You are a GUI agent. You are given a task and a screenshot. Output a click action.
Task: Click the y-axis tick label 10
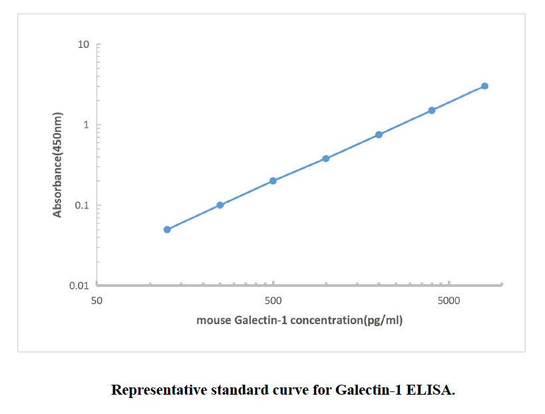pyautogui.click(x=83, y=45)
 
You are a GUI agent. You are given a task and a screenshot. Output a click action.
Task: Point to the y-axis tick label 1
pyautogui.click(x=86, y=125)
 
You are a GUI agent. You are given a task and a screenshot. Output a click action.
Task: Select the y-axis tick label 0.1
pyautogui.click(x=82, y=206)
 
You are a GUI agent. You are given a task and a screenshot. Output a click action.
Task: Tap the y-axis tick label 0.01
pyautogui.click(x=80, y=286)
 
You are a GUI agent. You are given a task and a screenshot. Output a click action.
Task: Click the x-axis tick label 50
pyautogui.click(x=96, y=300)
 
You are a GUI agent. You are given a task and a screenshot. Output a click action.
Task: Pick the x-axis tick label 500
pyautogui.click(x=273, y=300)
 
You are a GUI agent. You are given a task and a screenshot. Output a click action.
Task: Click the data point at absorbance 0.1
pyautogui.click(x=220, y=205)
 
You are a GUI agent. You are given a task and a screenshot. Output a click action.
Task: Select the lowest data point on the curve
pyautogui.click(x=167, y=230)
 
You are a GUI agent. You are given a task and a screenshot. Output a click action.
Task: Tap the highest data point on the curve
pyautogui.click(x=484, y=86)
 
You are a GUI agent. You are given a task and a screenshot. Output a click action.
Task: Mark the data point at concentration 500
pyautogui.click(x=273, y=180)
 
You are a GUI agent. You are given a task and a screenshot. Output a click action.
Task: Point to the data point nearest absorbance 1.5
pyautogui.click(x=432, y=110)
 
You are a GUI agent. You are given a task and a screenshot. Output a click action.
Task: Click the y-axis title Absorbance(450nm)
pyautogui.click(x=58, y=164)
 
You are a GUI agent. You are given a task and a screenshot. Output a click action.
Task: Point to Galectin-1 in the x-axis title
pyautogui.click(x=262, y=320)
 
